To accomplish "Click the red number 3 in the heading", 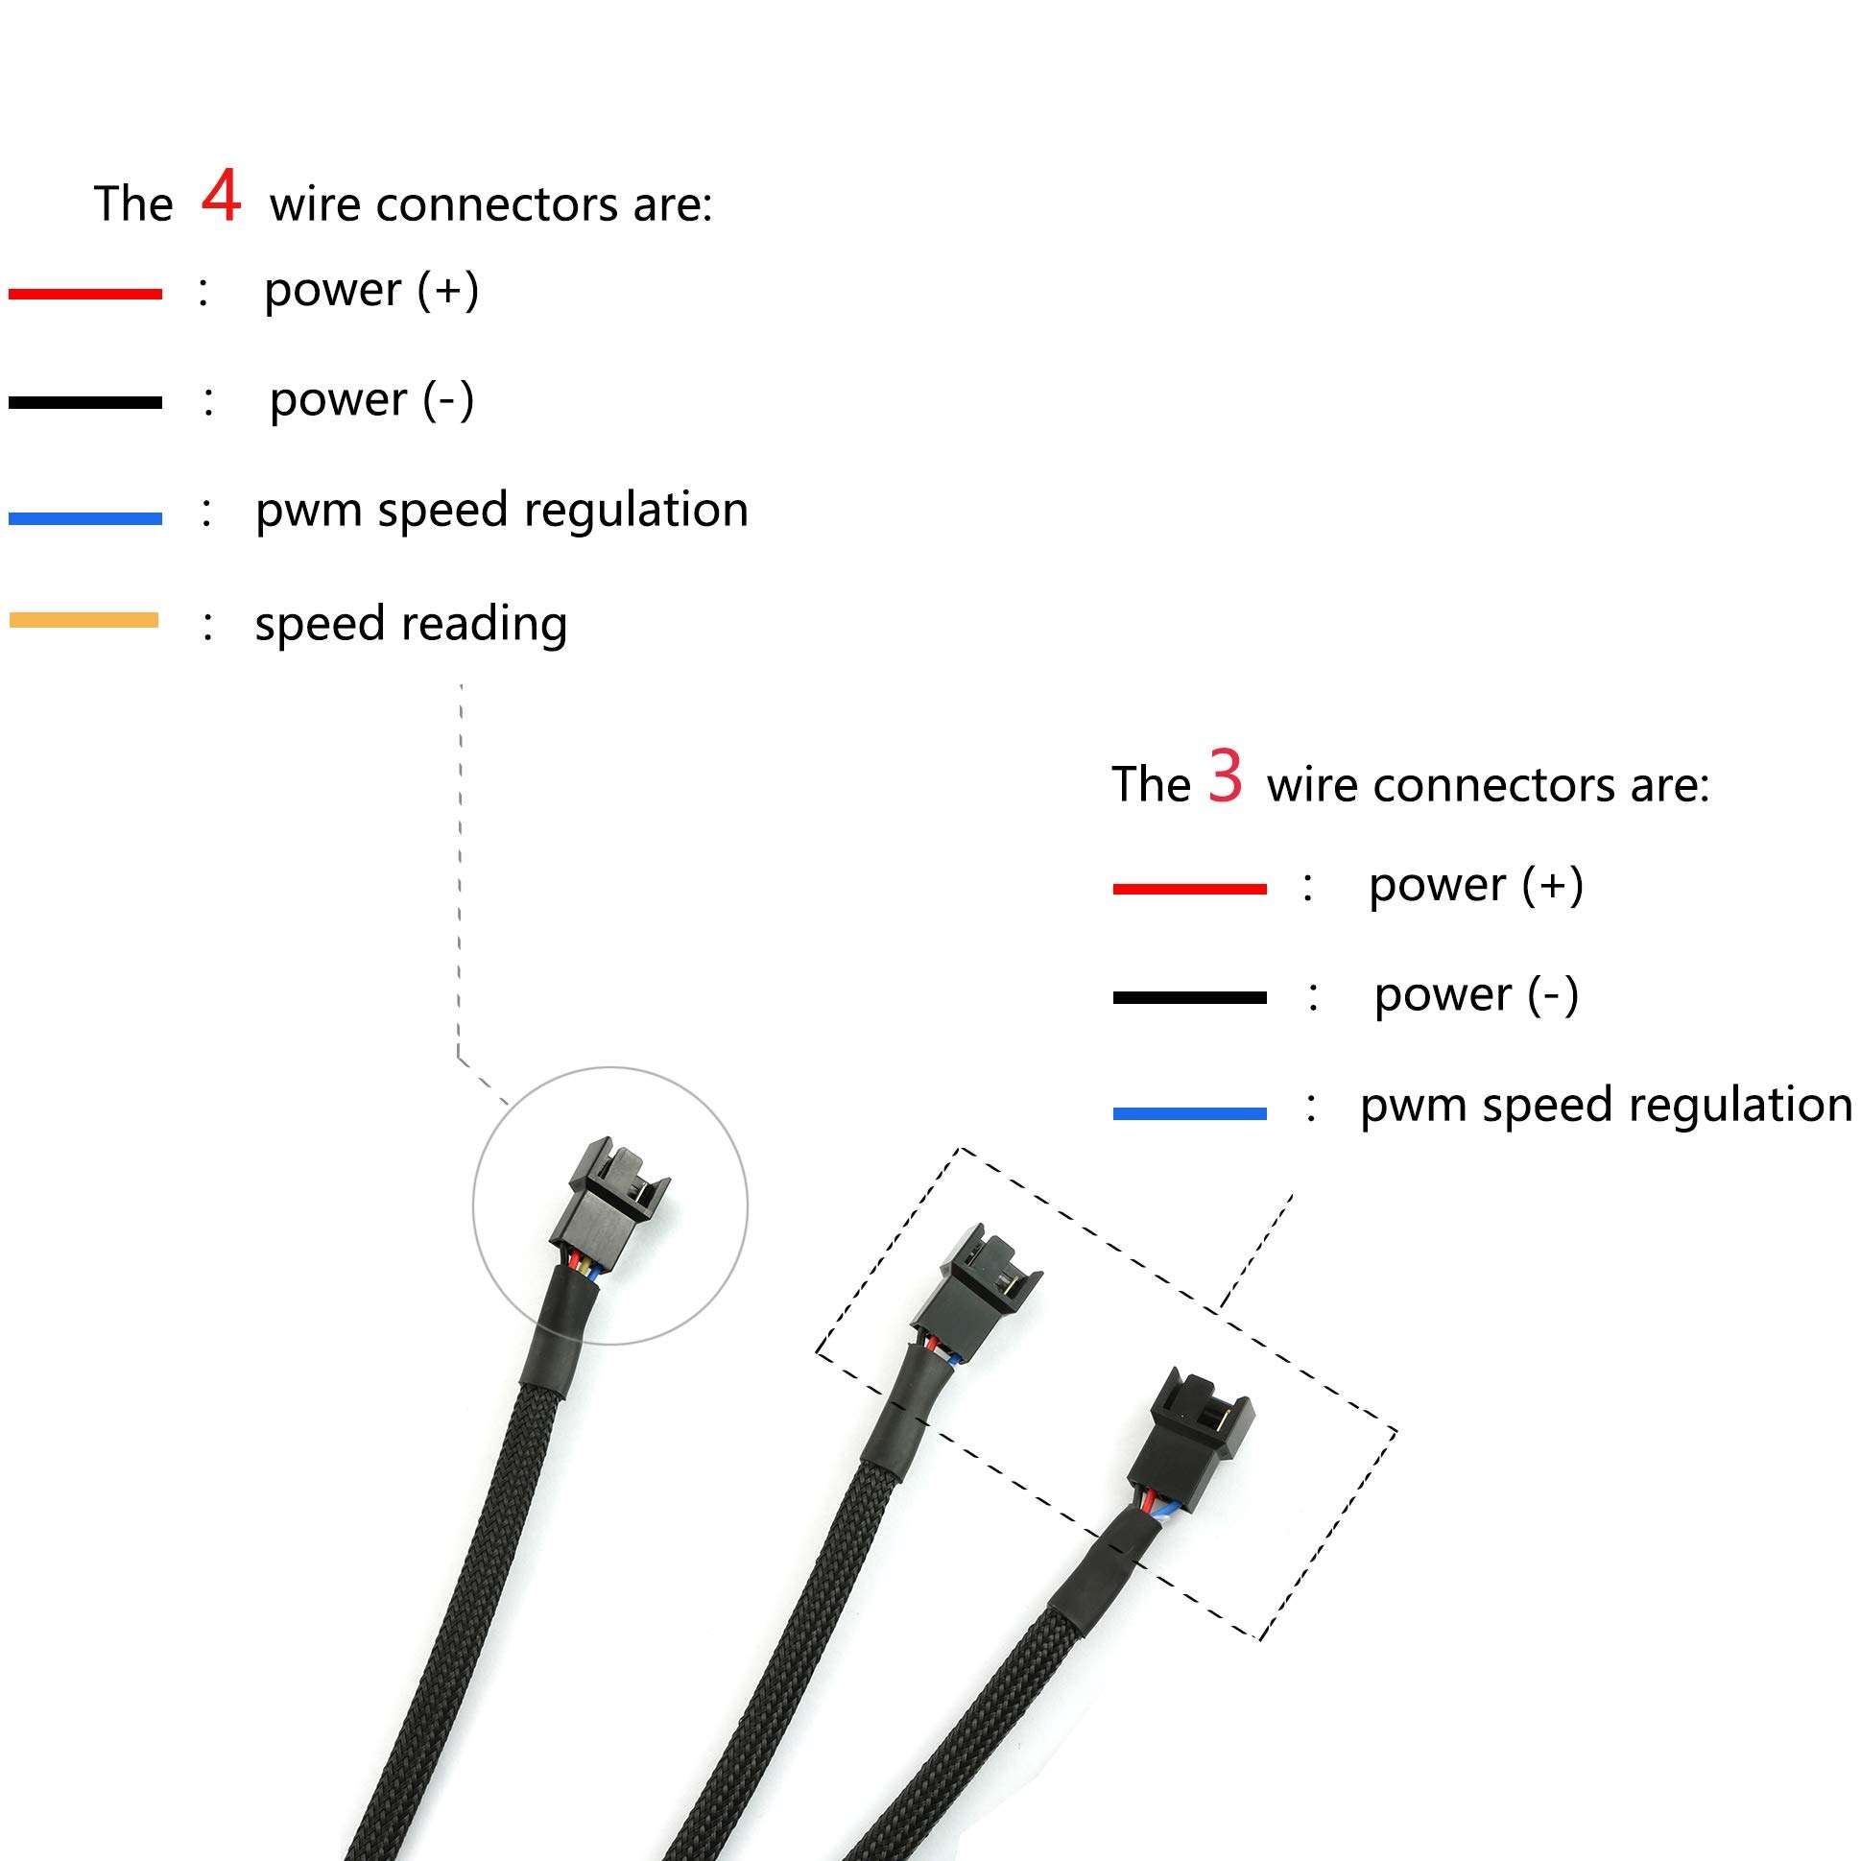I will click(x=1226, y=776).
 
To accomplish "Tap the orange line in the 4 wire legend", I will click(x=84, y=620).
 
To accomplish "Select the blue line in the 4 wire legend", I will click(x=84, y=518).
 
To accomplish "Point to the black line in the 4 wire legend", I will click(x=84, y=403).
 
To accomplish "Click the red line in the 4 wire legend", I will click(x=84, y=294).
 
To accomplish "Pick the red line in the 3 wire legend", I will click(x=1189, y=889).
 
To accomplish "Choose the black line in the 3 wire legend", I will click(x=1189, y=998).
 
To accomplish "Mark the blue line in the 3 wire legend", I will click(x=1189, y=1113).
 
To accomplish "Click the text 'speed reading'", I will click(x=411, y=624).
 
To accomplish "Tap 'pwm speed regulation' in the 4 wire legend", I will click(x=501, y=511).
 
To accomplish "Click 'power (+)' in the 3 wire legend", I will click(x=1476, y=885).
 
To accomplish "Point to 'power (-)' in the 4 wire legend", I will click(x=371, y=400).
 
